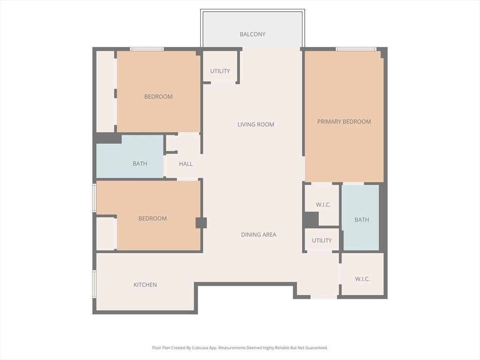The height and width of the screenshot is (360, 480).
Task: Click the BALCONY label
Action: (x=252, y=34)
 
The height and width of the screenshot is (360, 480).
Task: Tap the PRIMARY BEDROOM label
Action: (x=344, y=121)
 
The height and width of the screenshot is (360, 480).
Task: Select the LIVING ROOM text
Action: (x=255, y=124)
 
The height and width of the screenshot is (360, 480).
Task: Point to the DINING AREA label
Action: (x=258, y=234)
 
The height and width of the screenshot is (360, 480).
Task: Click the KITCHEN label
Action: (x=145, y=285)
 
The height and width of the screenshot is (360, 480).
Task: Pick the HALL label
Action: (x=186, y=164)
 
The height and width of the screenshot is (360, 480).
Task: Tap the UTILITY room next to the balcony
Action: (x=220, y=71)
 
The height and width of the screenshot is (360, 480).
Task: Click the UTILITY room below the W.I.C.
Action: (x=322, y=240)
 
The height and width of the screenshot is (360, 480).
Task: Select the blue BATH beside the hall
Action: (x=140, y=164)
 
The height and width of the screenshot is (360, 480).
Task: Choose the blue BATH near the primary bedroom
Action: (x=361, y=219)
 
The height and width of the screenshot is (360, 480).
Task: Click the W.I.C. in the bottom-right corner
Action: (x=362, y=279)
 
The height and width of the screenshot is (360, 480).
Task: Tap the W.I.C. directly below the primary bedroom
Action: (x=323, y=204)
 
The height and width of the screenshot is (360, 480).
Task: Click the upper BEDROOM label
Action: (x=158, y=97)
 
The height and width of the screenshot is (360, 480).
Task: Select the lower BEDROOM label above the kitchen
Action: (x=152, y=218)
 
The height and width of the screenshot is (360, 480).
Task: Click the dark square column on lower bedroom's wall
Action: (x=201, y=223)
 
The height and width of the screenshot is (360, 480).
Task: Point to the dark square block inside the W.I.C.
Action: (x=311, y=219)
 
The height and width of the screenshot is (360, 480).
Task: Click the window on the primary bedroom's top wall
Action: (x=356, y=49)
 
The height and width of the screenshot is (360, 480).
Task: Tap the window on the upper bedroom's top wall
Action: (x=147, y=49)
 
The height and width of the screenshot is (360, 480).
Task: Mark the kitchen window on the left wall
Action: (x=94, y=284)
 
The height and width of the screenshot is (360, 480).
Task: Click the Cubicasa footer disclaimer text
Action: (x=240, y=348)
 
